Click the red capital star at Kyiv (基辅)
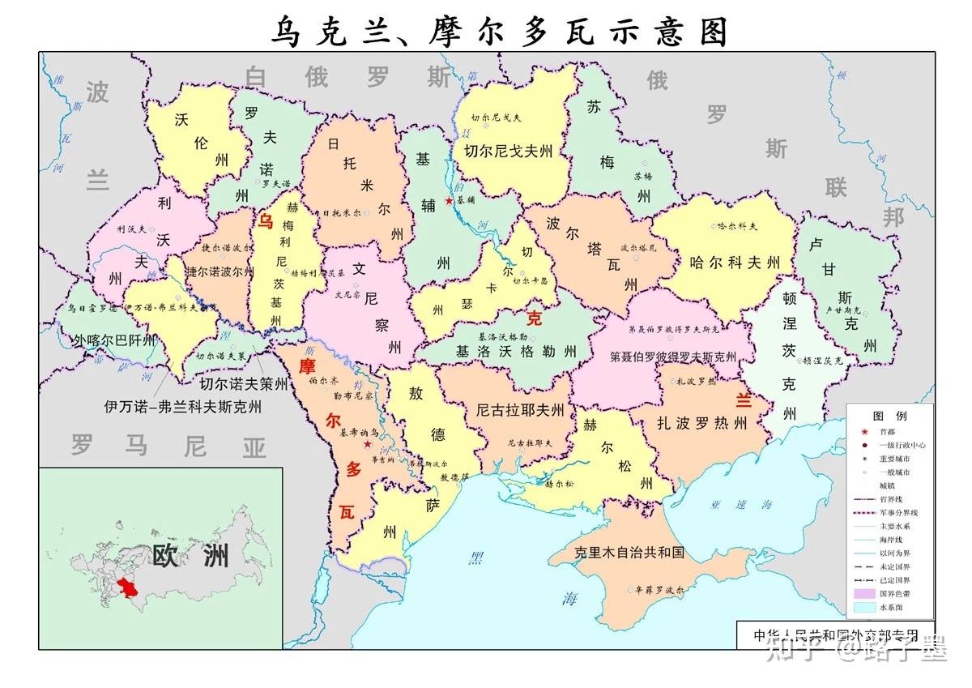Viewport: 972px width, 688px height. coord(449,200)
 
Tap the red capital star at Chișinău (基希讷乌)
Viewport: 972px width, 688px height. coord(368,444)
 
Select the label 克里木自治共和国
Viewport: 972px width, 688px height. coord(629,553)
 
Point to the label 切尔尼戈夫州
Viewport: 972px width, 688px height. coord(508,151)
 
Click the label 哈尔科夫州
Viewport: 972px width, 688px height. coord(734,263)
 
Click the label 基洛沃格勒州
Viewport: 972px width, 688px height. coord(516,352)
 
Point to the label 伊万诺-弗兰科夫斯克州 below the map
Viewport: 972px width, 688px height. coord(183,407)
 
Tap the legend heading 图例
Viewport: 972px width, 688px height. coord(889,415)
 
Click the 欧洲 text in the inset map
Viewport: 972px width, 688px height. coord(190,555)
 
